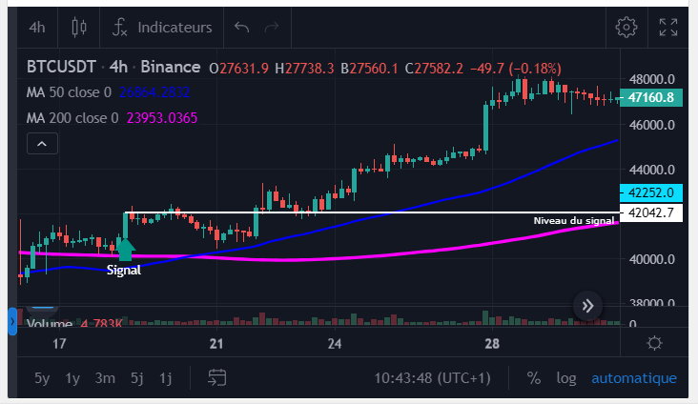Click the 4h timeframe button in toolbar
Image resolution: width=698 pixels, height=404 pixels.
(37, 28)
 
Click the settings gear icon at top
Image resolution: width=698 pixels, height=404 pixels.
(626, 27)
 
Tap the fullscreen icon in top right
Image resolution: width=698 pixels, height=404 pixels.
(668, 27)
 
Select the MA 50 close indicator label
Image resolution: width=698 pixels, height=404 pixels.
(69, 92)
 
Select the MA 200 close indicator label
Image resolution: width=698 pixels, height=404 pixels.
(72, 118)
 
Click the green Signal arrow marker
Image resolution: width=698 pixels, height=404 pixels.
(125, 250)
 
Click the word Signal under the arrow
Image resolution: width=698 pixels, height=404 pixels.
(124, 271)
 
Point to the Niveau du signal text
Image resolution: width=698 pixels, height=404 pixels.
(573, 221)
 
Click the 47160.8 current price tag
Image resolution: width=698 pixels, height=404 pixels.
(651, 97)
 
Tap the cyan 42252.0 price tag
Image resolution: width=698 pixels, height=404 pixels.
(650, 192)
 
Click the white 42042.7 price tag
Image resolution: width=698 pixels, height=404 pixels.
(650, 212)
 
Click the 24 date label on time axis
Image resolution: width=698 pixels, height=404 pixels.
(335, 344)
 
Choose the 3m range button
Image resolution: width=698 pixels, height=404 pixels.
(105, 378)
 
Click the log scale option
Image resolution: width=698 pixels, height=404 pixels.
(566, 378)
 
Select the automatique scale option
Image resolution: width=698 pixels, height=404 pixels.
(634, 378)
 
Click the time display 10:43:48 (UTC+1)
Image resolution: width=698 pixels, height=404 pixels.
(431, 378)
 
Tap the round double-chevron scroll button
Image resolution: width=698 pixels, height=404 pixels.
(588, 306)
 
